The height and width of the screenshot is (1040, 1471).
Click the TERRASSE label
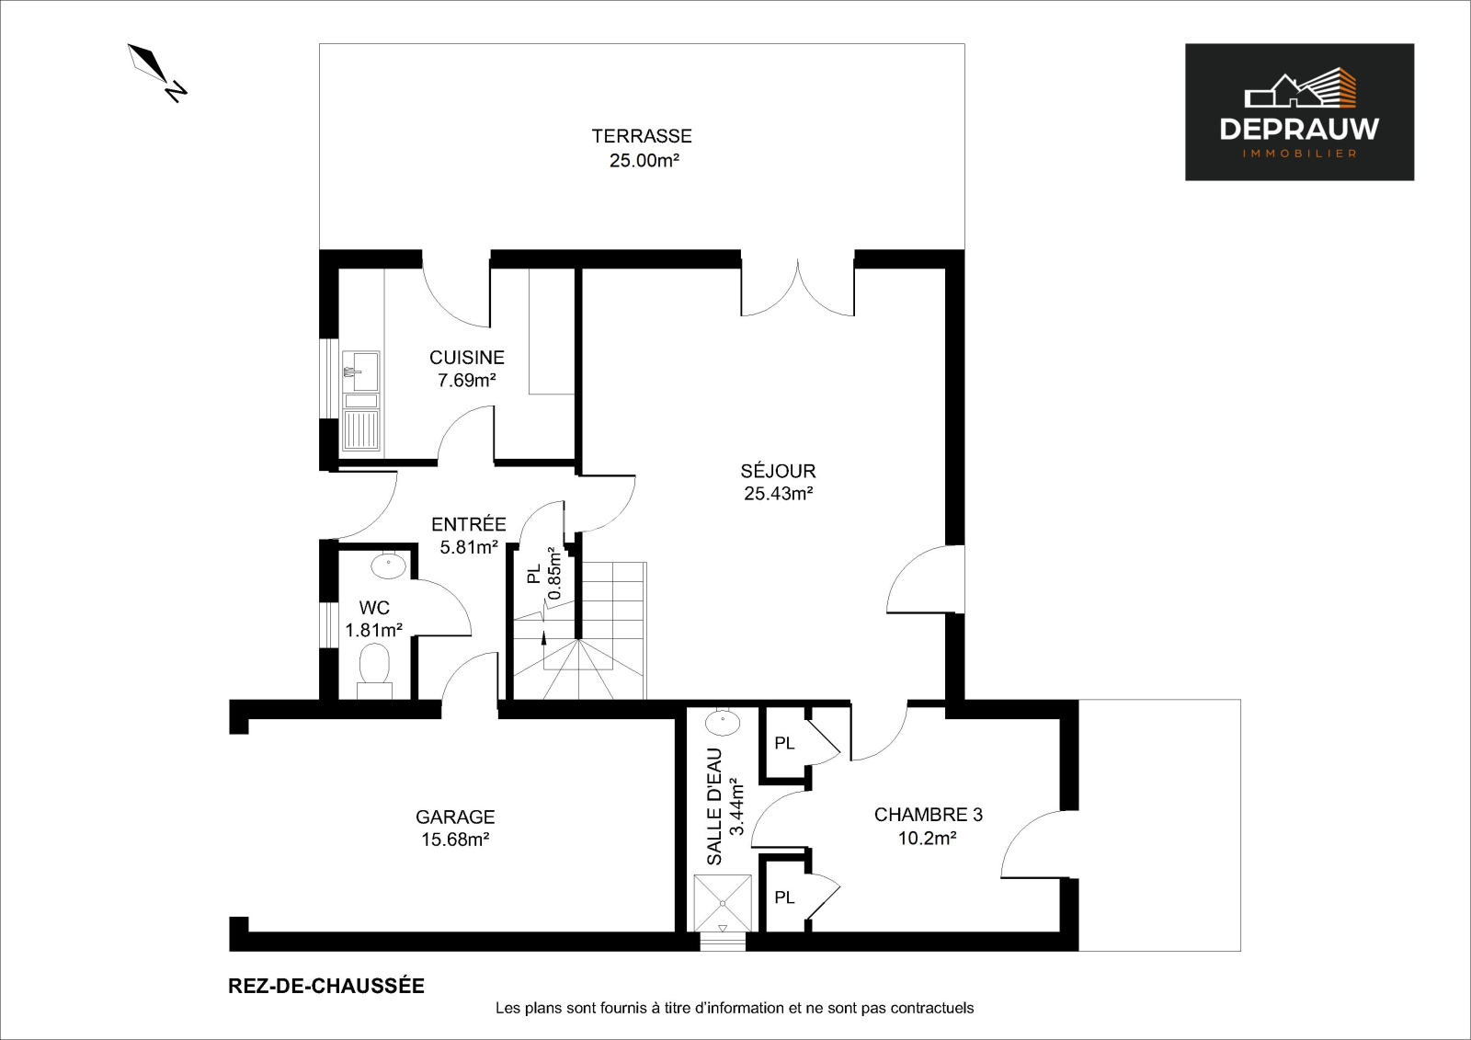pyautogui.click(x=642, y=136)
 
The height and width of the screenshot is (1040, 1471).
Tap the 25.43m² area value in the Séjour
pyautogui.click(x=778, y=494)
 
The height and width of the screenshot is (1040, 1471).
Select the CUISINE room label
pyautogui.click(x=467, y=358)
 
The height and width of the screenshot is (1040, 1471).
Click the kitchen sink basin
pyautogui.click(x=360, y=371)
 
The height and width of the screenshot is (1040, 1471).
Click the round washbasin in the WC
pyautogui.click(x=388, y=566)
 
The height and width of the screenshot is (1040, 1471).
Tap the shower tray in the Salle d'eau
pyautogui.click(x=723, y=903)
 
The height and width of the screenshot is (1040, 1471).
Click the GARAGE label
pyautogui.click(x=455, y=817)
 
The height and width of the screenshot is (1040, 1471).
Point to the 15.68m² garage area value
pyautogui.click(x=455, y=840)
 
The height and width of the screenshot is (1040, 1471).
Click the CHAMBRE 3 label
pyautogui.click(x=928, y=815)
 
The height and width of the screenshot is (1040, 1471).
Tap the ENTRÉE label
pyautogui.click(x=468, y=523)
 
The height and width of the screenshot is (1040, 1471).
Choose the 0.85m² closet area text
pyautogui.click(x=555, y=574)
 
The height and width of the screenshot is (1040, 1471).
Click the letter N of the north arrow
pyautogui.click(x=176, y=91)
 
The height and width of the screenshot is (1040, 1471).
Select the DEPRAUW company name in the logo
pyautogui.click(x=1300, y=130)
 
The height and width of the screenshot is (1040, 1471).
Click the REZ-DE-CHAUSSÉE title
pyautogui.click(x=326, y=986)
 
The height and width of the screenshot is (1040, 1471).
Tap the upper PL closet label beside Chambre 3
pyautogui.click(x=784, y=743)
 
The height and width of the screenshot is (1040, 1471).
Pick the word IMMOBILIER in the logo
pyautogui.click(x=1300, y=154)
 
